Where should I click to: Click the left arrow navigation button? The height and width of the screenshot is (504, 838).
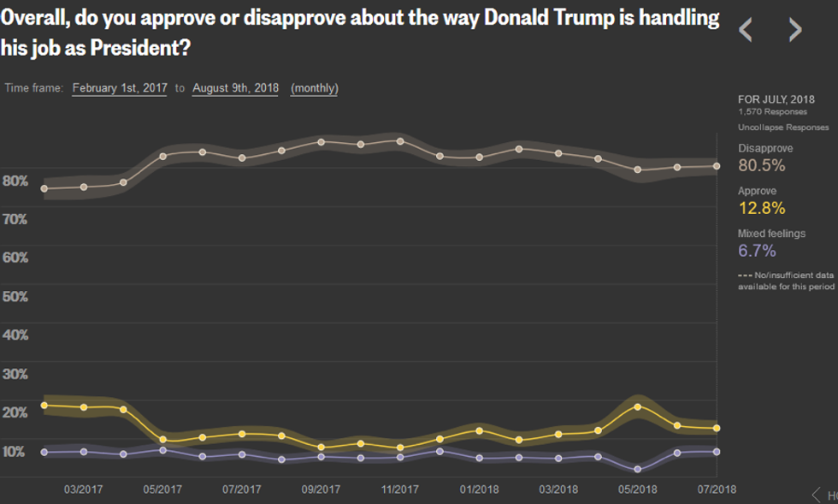(746, 31)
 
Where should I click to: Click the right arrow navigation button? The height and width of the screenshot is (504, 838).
(795, 31)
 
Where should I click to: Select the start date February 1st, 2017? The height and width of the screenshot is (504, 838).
(121, 88)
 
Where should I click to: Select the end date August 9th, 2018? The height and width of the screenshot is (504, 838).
(235, 88)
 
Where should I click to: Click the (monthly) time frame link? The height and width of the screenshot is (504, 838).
(315, 88)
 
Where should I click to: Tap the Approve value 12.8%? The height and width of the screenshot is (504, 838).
(761, 209)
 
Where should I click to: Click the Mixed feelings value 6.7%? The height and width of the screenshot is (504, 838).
(757, 251)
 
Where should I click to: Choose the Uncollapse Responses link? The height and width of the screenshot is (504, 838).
(783, 127)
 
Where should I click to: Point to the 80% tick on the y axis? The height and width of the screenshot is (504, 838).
(15, 181)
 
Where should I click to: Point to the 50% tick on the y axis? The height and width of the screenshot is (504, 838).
(15, 296)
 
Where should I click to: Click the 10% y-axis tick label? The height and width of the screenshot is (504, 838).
(15, 451)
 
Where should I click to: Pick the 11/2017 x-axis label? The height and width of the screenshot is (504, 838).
(398, 489)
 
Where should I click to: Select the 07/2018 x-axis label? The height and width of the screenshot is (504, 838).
(717, 489)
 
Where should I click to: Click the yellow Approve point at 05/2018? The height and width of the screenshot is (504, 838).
(637, 406)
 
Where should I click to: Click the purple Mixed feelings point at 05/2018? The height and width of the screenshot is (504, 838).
(637, 469)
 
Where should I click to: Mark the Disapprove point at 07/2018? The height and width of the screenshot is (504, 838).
(717, 166)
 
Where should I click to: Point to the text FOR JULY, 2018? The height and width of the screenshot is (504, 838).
(776, 99)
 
